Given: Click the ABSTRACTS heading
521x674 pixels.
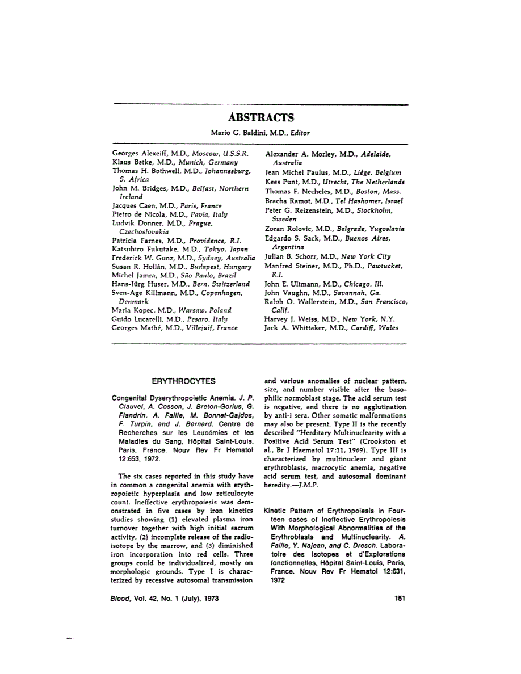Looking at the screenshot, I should [x=260, y=118].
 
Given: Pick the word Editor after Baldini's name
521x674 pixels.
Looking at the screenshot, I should [x=298, y=133].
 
